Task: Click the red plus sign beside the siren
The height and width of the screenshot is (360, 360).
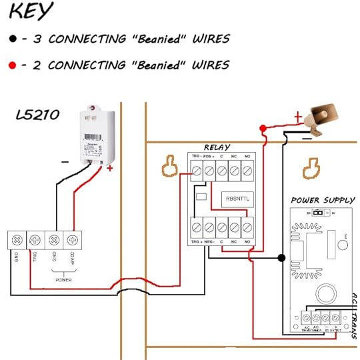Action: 297,118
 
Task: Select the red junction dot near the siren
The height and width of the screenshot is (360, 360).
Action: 263,128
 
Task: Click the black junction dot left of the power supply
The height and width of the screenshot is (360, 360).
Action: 282,257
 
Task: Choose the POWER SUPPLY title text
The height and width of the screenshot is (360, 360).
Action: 322,200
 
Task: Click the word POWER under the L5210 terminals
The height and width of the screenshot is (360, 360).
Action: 63,281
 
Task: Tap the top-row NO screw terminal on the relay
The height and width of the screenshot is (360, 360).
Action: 247,171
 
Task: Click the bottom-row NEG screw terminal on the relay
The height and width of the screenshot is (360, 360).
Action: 210,227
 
